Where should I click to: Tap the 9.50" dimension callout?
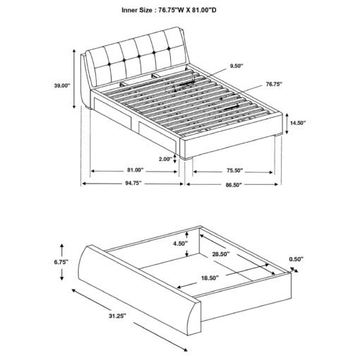coord(236,66)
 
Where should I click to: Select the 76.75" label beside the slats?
coord(274,84)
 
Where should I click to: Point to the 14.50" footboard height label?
coord(298,123)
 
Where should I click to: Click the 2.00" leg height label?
coord(166,159)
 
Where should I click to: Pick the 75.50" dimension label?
coord(235,170)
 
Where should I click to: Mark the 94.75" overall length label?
coord(133,183)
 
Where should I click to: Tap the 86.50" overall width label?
coord(234,185)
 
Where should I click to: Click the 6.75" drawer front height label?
coord(61,262)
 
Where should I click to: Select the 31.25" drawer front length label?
coord(117,316)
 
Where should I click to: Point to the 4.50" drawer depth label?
coord(181,244)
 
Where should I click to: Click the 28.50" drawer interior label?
coord(221,254)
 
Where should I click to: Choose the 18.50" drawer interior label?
coord(210,278)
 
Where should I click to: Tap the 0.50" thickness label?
coord(296,259)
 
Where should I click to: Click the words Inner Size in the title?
coord(137,10)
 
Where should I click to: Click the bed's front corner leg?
coord(186,159)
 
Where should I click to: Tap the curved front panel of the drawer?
coord(139,290)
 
